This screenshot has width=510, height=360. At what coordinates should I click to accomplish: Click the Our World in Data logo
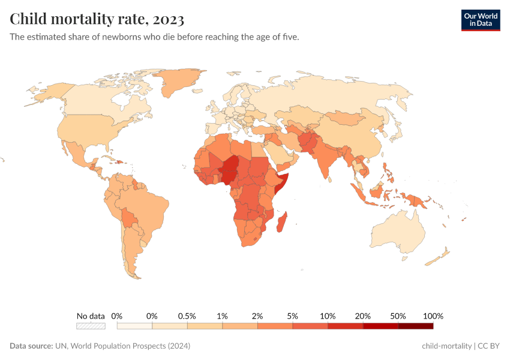(x=480, y=20)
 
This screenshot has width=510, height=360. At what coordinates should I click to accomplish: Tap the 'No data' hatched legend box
(x=91, y=326)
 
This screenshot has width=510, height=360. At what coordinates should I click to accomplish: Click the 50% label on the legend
(x=398, y=316)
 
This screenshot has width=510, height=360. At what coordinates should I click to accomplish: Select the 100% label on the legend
(x=433, y=316)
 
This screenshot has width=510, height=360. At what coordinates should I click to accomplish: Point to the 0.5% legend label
(x=187, y=316)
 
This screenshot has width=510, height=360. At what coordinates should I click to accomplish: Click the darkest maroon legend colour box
(x=415, y=326)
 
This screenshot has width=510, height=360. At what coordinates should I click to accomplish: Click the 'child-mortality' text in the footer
(x=446, y=346)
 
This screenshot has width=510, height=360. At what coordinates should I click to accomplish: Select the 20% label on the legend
(x=363, y=316)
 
